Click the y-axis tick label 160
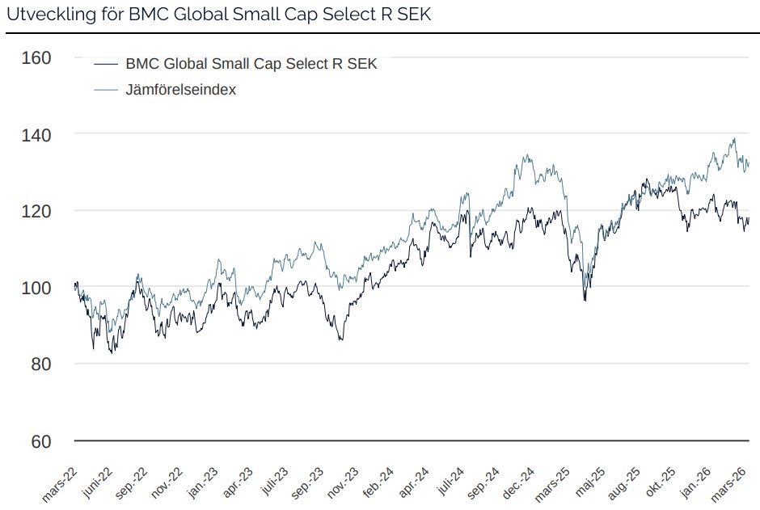point(36,57)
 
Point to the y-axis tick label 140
point(36,134)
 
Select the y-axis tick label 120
point(36,211)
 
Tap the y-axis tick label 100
point(36,288)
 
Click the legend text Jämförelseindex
point(180,90)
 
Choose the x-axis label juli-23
point(274,483)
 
